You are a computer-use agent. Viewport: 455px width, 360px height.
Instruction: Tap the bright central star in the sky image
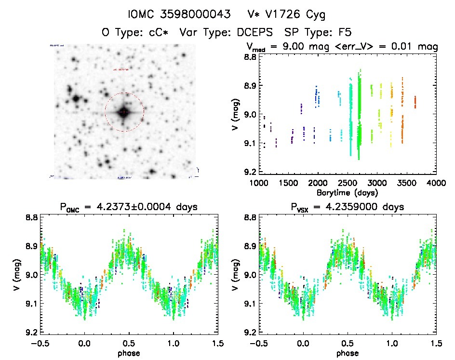pos(124,112)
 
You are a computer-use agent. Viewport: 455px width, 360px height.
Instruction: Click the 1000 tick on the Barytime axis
pos(259,183)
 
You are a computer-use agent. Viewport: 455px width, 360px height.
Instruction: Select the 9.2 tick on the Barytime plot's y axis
pos(249,172)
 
